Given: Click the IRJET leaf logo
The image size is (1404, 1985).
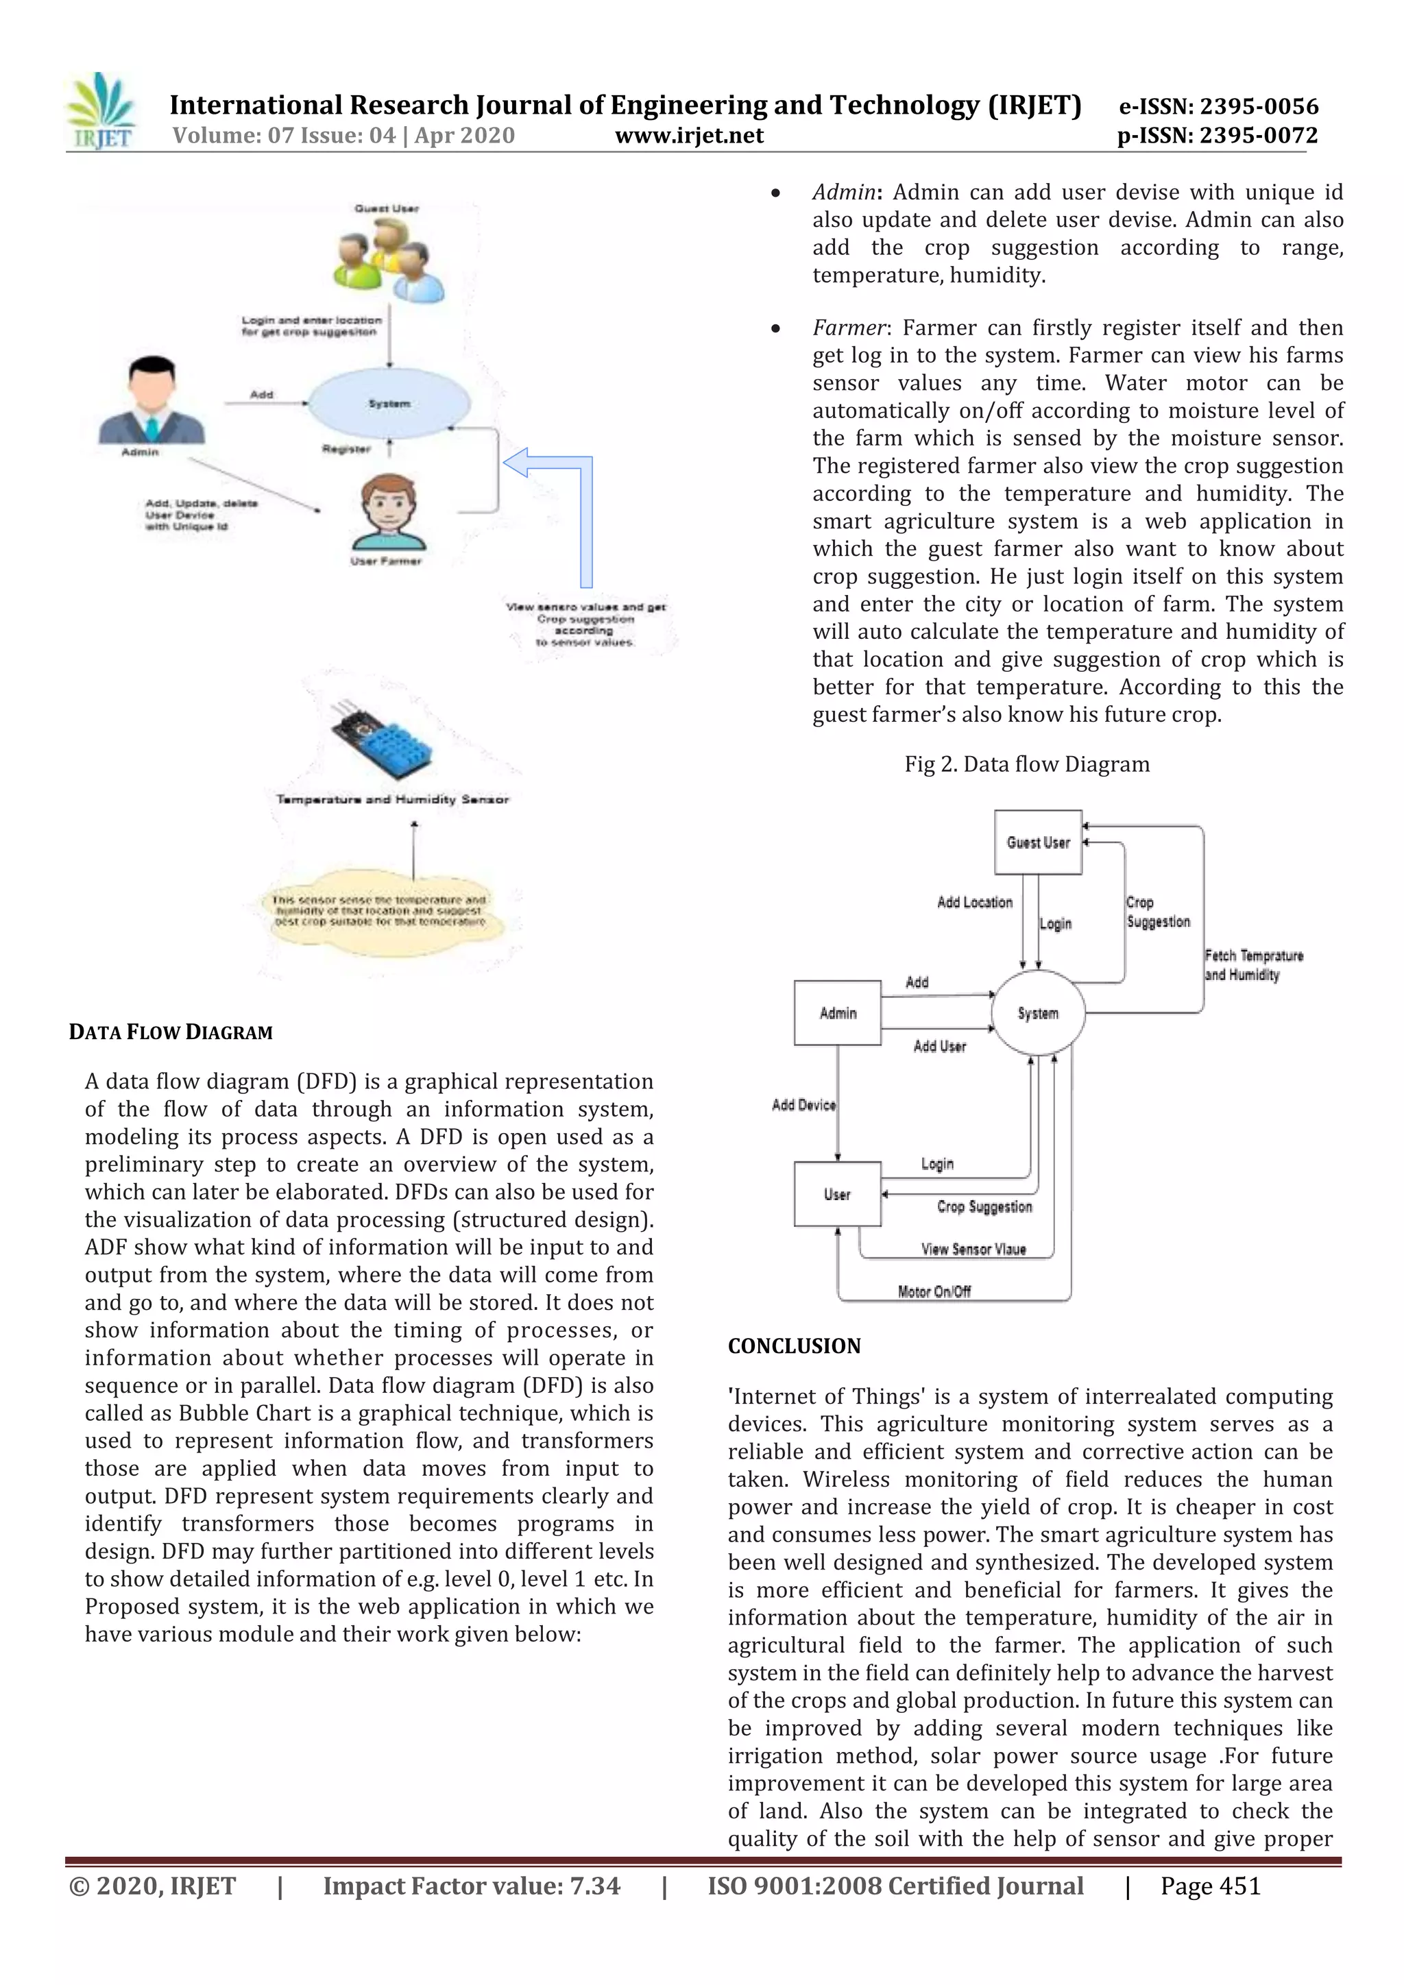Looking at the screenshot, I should tap(102, 110).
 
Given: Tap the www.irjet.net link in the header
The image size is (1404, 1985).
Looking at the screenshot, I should tap(689, 136).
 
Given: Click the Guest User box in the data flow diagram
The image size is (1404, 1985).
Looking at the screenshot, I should tap(1037, 842).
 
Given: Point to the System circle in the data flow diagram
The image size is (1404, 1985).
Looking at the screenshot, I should tap(1037, 1013).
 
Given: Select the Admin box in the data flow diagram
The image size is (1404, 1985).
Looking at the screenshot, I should tap(837, 1012).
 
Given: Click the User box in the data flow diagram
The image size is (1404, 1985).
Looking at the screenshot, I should tap(837, 1194).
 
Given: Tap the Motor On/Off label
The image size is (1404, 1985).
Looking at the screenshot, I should tap(934, 1291).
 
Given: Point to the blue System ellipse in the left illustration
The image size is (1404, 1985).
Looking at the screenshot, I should tap(389, 403).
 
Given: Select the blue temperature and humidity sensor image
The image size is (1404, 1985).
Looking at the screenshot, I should tap(382, 739).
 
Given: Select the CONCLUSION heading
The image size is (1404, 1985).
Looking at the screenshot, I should tap(794, 1346).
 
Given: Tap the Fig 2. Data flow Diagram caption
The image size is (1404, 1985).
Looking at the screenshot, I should tap(1026, 764).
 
